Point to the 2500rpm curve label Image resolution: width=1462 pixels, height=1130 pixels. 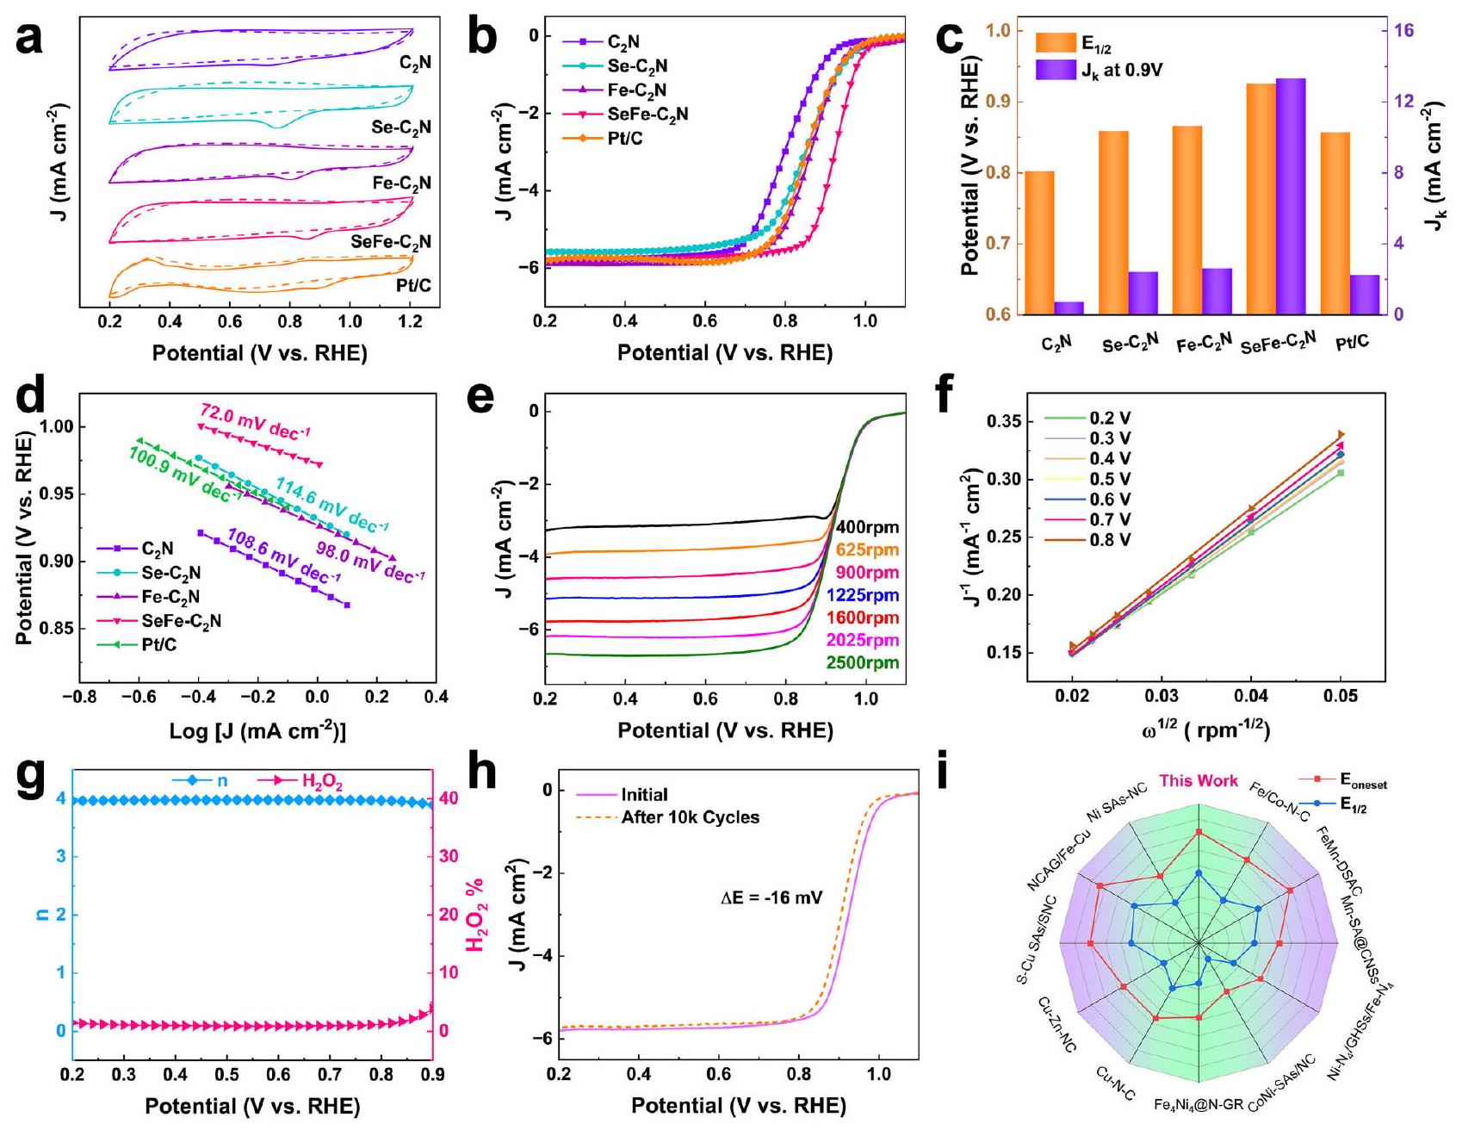click(862, 663)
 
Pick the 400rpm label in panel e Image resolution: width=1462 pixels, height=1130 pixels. click(866, 528)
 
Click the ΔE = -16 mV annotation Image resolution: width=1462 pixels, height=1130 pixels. click(771, 898)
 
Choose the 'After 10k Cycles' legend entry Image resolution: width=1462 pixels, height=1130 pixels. click(690, 817)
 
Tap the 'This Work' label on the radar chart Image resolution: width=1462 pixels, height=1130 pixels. click(1198, 781)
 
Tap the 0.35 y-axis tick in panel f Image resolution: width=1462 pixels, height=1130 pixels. click(1005, 421)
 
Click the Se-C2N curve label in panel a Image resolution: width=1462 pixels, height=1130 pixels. click(401, 127)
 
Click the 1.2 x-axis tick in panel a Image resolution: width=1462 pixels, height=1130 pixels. click(411, 321)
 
